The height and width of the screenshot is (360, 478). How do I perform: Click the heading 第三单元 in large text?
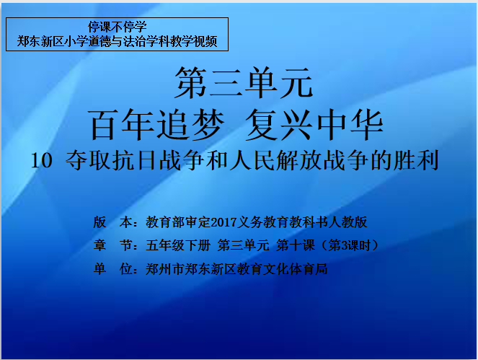244,83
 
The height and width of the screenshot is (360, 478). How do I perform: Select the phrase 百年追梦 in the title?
156,125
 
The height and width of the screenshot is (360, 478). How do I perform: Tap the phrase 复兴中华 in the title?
314,125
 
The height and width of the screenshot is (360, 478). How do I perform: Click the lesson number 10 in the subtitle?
42,160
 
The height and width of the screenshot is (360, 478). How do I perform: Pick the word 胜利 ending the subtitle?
416,160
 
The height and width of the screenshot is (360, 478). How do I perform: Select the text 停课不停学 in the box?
118,27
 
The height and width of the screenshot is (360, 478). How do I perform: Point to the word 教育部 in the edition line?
165,222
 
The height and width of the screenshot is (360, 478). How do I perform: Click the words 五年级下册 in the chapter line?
178,245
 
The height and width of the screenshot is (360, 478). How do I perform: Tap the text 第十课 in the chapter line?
295,245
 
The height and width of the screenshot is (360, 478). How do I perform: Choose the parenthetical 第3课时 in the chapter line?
350,245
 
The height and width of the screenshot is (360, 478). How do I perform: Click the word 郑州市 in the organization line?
165,269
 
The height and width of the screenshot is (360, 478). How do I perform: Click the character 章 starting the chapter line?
99,245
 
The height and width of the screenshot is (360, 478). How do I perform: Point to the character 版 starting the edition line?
99,222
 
